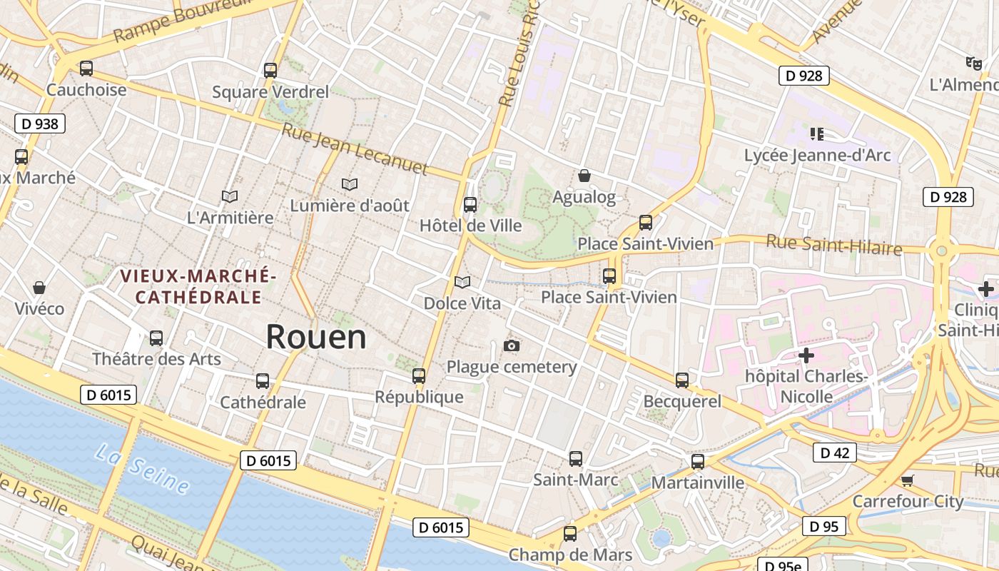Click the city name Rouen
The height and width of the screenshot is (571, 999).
(316, 337)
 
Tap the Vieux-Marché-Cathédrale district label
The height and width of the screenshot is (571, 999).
(198, 286)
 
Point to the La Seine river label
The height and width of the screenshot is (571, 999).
(143, 469)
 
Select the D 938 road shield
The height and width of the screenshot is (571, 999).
(40, 123)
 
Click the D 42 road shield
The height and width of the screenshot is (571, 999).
(834, 453)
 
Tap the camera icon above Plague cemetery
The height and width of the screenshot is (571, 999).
(511, 346)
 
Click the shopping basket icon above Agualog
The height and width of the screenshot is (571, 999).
(584, 176)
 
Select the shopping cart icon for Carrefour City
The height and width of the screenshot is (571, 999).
(907, 480)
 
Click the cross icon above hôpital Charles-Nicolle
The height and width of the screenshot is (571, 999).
(806, 355)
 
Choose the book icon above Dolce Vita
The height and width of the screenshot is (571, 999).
(462, 282)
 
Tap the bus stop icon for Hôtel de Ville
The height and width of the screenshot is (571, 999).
(470, 205)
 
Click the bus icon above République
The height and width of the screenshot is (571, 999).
(419, 375)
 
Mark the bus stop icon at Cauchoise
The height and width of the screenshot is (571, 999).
(86, 69)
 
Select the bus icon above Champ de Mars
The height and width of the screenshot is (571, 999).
(569, 533)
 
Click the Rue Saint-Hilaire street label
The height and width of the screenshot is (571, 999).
(833, 245)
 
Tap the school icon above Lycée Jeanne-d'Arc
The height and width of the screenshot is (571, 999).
(817, 133)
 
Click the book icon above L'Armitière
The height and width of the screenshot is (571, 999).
(230, 196)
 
